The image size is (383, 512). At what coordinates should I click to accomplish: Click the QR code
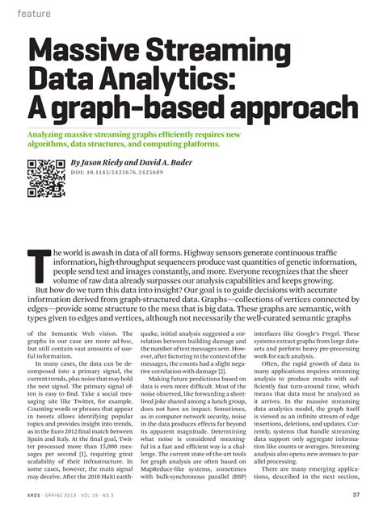[x=46, y=178]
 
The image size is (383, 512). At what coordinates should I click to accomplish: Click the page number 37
[x=356, y=495]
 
